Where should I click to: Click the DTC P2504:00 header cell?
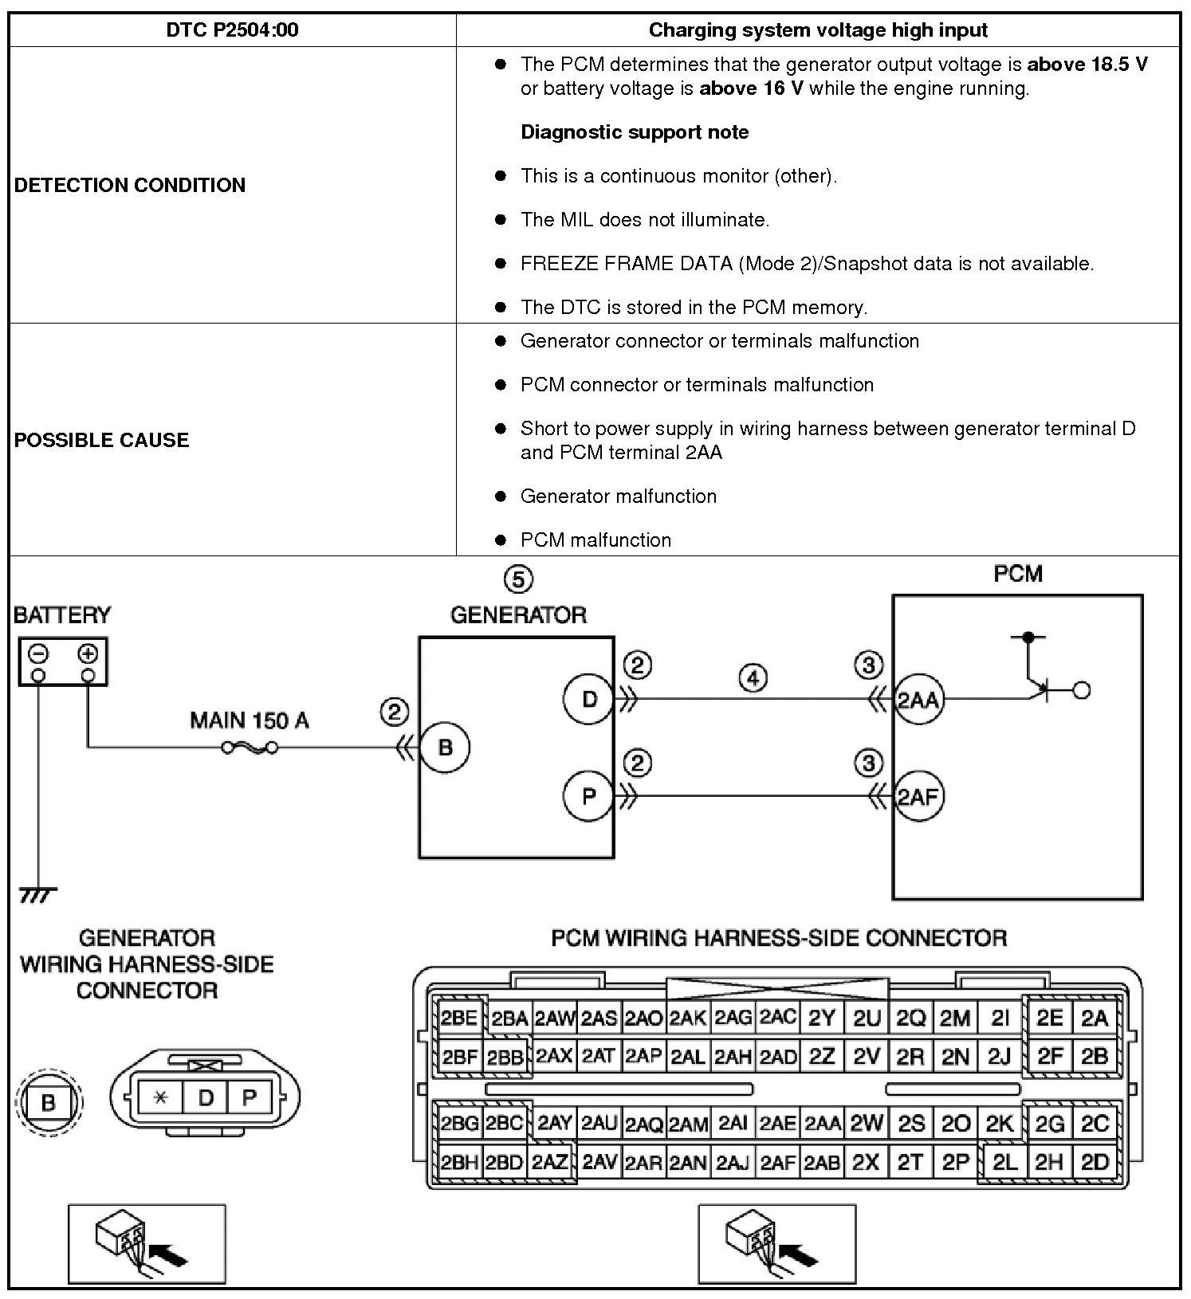pyautogui.click(x=232, y=30)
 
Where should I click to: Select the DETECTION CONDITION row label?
pyautogui.click(x=130, y=185)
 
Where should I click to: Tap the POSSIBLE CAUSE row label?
pyautogui.click(x=102, y=440)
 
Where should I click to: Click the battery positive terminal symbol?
pyautogui.click(x=88, y=654)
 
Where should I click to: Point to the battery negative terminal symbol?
pyautogui.click(x=38, y=654)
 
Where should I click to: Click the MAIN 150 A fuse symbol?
pyautogui.click(x=250, y=748)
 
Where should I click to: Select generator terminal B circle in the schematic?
pyautogui.click(x=445, y=748)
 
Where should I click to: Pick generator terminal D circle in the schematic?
pyautogui.click(x=588, y=699)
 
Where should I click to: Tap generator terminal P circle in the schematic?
pyautogui.click(x=588, y=796)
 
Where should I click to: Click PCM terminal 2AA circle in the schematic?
pyautogui.click(x=918, y=700)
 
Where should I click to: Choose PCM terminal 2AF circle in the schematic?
pyautogui.click(x=918, y=796)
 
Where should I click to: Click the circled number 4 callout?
pyautogui.click(x=753, y=678)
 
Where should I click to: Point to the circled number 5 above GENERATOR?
pyautogui.click(x=518, y=579)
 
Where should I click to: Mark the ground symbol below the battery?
pyautogui.click(x=37, y=895)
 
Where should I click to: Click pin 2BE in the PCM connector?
pyautogui.click(x=459, y=1018)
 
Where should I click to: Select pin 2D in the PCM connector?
pyautogui.click(x=1095, y=1162)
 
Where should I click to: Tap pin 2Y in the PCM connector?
pyautogui.click(x=821, y=1018)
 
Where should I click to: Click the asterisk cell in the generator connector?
pyautogui.click(x=160, y=1098)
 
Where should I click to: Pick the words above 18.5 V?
pyautogui.click(x=1087, y=65)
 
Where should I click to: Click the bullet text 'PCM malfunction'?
pyautogui.click(x=595, y=540)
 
